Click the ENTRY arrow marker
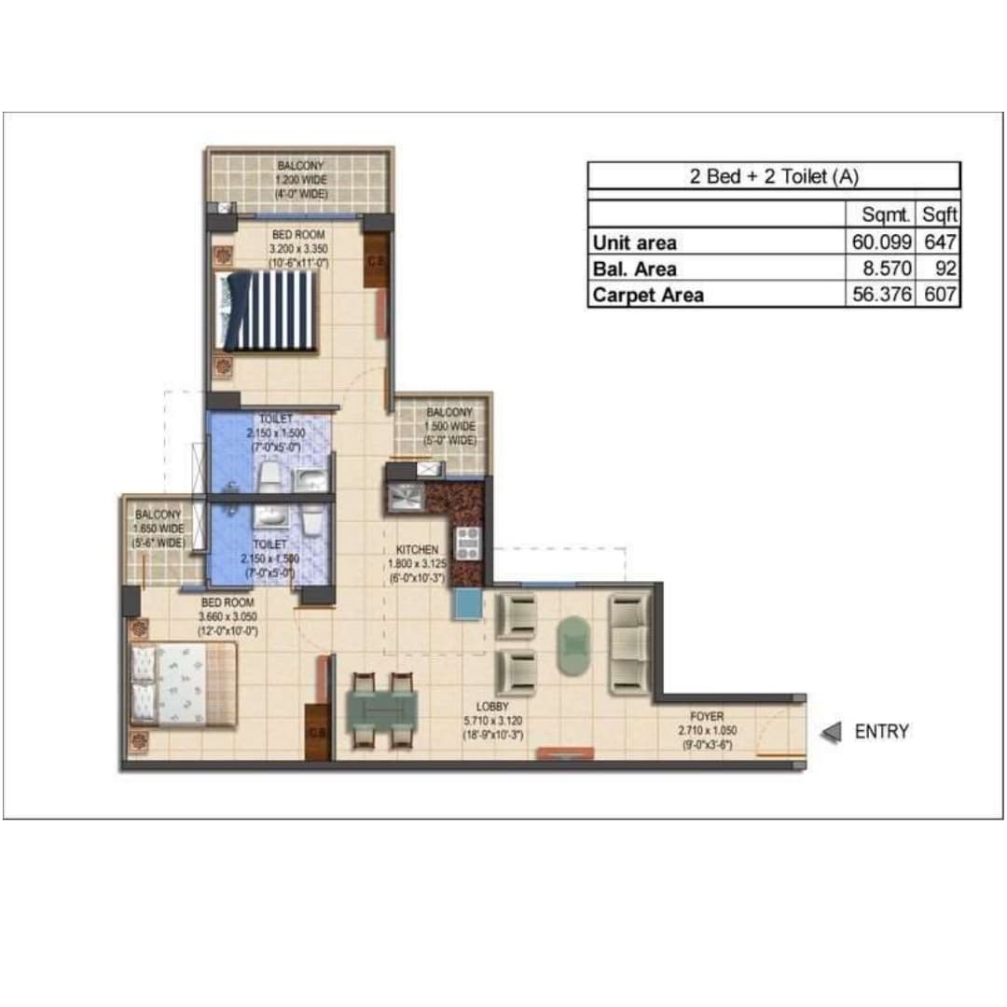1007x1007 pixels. pos(831,733)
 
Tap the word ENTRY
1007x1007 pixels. pos(881,732)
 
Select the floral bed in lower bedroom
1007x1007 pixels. pos(184,684)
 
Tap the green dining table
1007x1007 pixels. pos(381,709)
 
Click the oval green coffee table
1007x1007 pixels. pos(572,642)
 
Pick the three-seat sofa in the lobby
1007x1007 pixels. pos(629,642)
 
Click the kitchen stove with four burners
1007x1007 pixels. pos(467,543)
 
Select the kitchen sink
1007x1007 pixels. pos(405,496)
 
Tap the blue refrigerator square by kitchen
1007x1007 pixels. pos(466,605)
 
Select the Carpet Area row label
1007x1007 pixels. pos(648,295)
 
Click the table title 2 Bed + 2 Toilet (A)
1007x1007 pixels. pos(773,176)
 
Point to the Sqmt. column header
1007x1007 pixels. pos(886,214)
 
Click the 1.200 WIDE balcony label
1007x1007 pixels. pos(299,179)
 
